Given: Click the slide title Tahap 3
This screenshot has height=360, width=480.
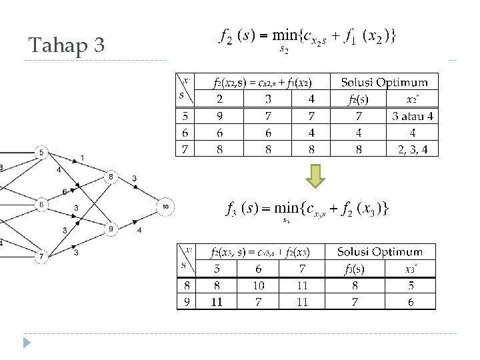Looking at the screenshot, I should [x=67, y=45].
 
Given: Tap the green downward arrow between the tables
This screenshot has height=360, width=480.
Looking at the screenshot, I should [x=317, y=176].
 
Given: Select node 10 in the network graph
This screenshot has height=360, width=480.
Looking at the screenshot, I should [x=165, y=207].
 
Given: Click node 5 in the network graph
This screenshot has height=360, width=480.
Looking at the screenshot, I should [x=41, y=153].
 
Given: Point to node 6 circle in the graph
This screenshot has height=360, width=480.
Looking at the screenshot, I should [x=41, y=203].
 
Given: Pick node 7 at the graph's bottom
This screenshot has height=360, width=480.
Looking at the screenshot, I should [x=41, y=255].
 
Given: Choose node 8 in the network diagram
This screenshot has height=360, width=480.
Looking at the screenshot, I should [x=111, y=177].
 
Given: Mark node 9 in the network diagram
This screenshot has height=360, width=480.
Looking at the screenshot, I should [x=111, y=229].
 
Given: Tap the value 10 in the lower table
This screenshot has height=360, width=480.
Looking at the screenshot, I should [x=258, y=285].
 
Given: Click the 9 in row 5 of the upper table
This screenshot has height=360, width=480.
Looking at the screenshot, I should [x=219, y=116].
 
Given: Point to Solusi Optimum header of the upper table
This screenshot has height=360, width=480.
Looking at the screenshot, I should [x=384, y=83].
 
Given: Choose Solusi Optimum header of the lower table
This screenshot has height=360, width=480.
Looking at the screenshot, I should [x=379, y=252].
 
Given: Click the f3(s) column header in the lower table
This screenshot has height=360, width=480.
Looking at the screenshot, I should [x=354, y=269].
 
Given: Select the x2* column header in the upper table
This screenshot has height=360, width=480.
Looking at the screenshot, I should [x=413, y=100].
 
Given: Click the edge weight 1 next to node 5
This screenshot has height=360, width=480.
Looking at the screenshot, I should [x=81, y=157].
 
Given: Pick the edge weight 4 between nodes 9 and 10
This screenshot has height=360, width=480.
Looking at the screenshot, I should [x=139, y=231].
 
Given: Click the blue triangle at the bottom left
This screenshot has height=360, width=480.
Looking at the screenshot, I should [x=27, y=343].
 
